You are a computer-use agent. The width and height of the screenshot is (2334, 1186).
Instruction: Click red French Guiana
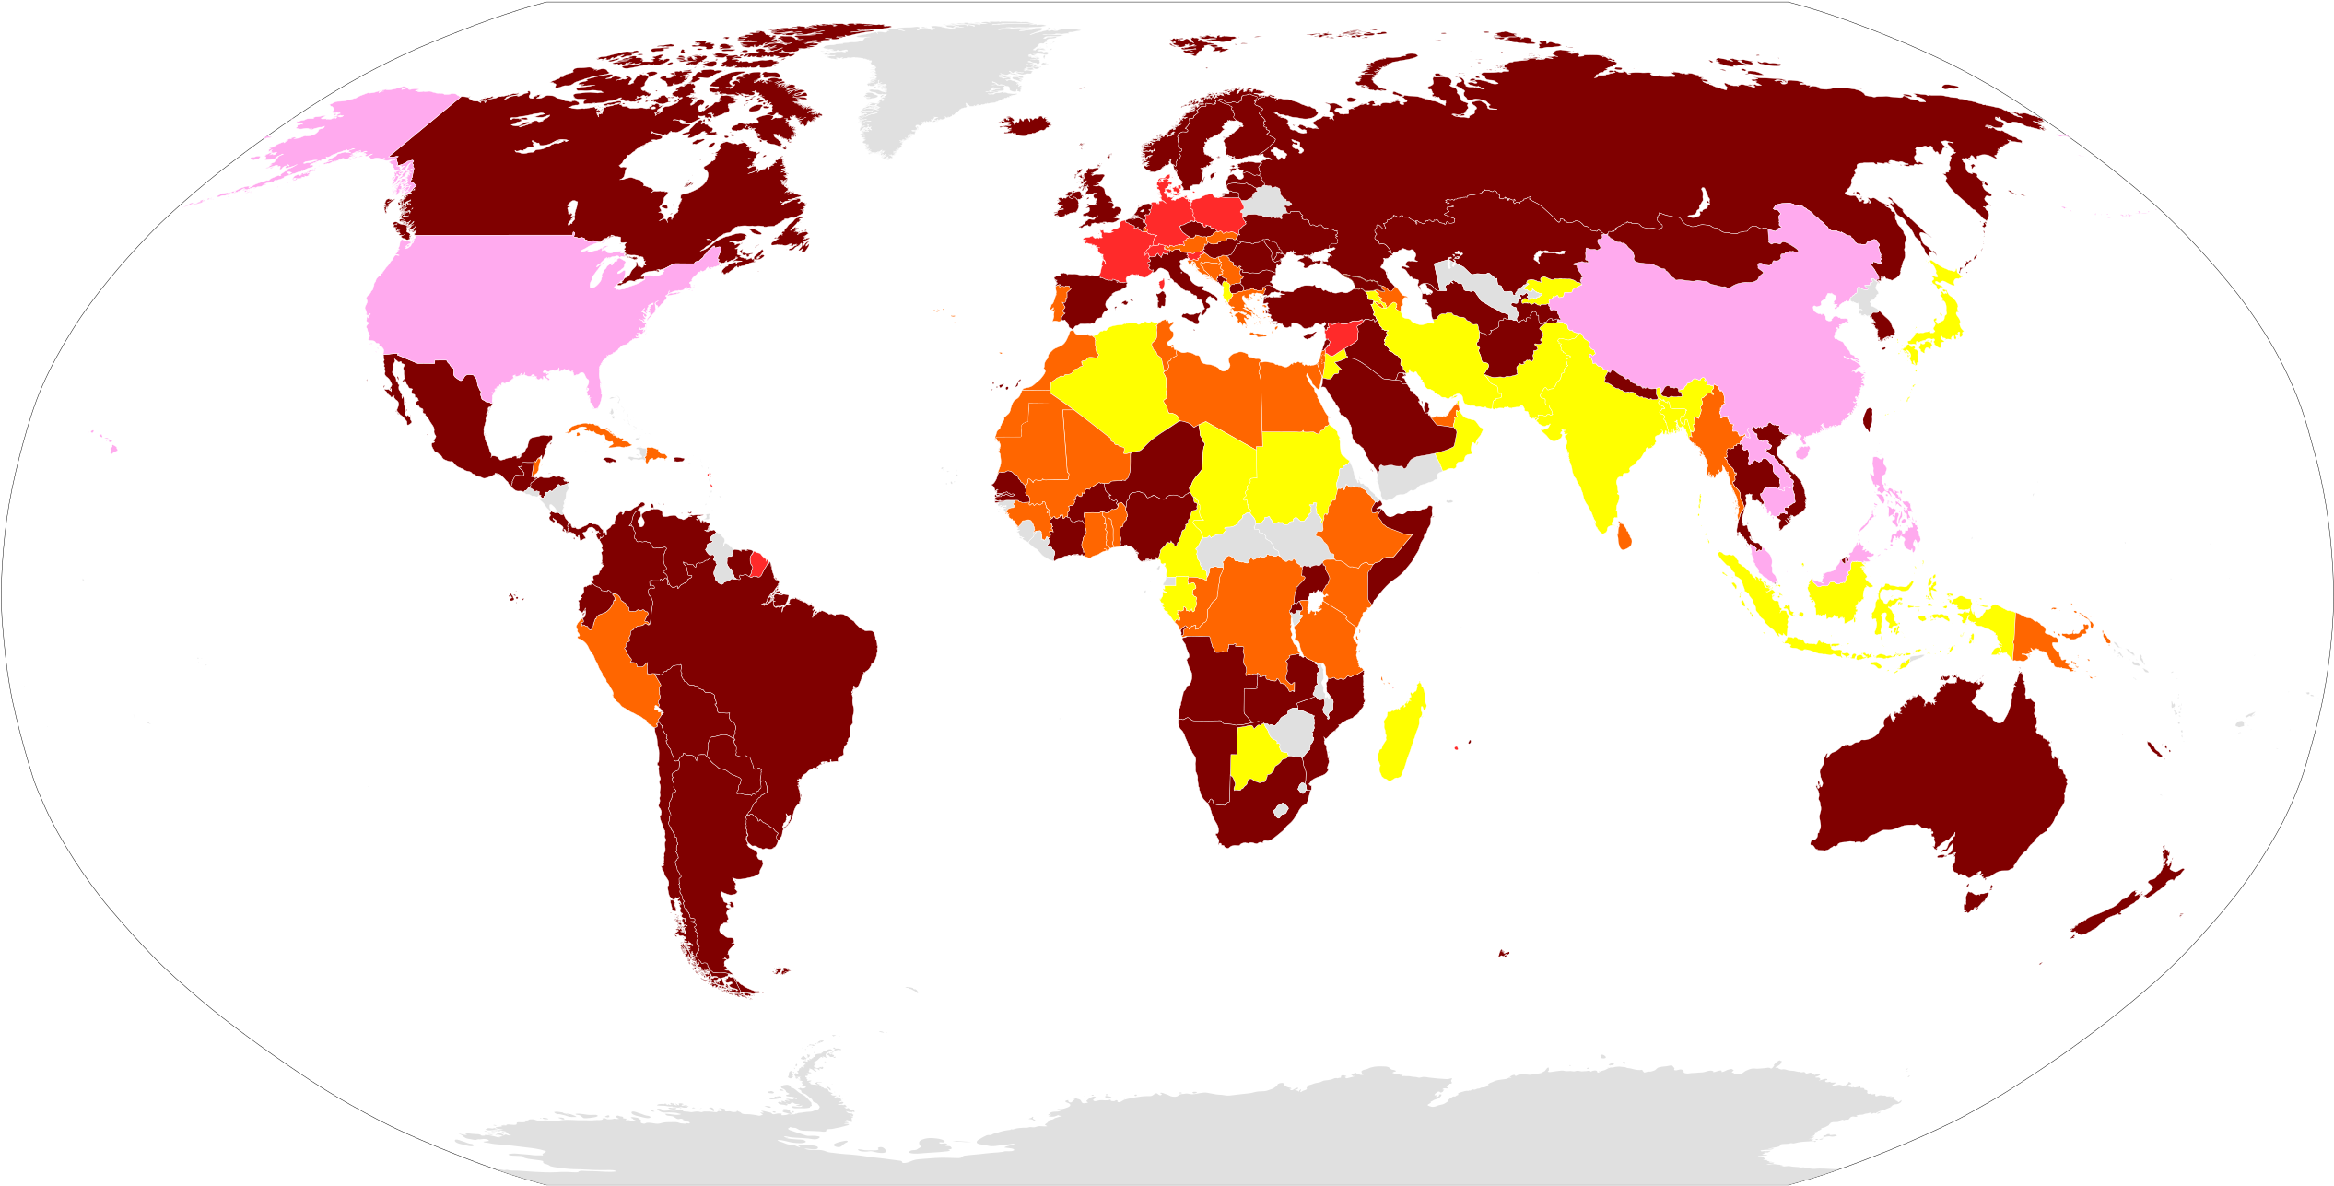click(x=757, y=564)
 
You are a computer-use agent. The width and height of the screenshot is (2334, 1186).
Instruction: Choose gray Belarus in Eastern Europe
click(x=1268, y=202)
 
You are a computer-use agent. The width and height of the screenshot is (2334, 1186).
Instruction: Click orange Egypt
click(x=1290, y=396)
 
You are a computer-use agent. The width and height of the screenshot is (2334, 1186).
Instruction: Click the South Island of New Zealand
click(x=2115, y=912)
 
